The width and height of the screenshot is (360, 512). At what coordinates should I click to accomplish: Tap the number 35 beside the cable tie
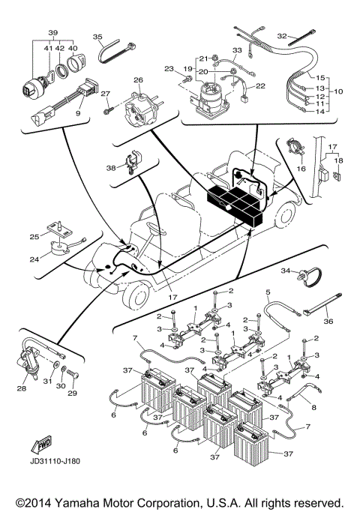97,37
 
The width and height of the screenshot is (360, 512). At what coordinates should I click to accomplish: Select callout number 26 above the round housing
137,80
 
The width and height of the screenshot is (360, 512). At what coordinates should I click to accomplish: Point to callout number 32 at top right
282,35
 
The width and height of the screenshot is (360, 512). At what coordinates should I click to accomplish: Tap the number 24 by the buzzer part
34,261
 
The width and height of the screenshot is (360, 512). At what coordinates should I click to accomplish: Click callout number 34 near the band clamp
285,270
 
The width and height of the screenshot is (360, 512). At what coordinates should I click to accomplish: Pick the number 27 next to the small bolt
106,94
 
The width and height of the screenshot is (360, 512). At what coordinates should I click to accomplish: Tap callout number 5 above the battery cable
267,290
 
